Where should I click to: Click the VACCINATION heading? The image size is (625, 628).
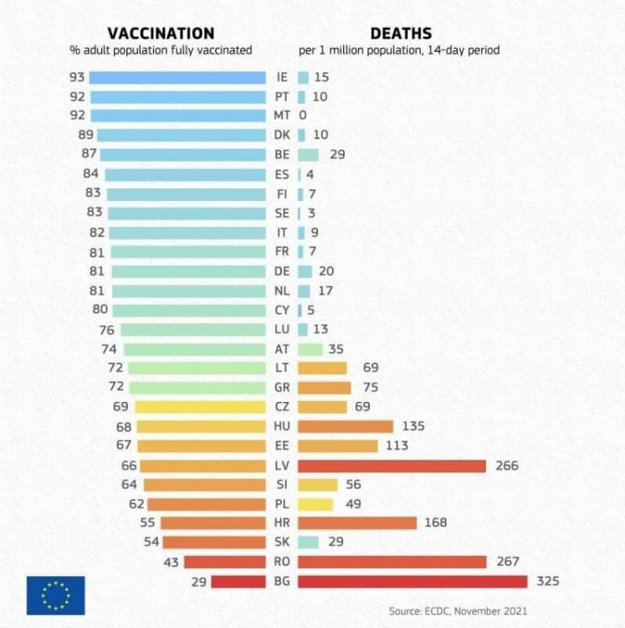pyautogui.click(x=161, y=33)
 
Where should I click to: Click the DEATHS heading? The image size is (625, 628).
pyautogui.click(x=401, y=33)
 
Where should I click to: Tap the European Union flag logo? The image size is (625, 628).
pyautogui.click(x=55, y=595)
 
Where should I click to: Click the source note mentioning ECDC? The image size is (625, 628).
pyautogui.click(x=458, y=611)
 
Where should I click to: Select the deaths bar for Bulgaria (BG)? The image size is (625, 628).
pyautogui.click(x=412, y=581)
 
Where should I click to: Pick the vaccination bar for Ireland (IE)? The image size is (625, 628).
pyautogui.click(x=177, y=77)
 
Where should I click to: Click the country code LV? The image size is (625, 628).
pyautogui.click(x=282, y=466)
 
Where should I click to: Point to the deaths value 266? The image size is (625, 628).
pyautogui.click(x=507, y=466)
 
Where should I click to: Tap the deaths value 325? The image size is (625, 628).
pyautogui.click(x=548, y=581)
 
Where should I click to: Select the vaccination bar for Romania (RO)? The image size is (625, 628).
pyautogui.click(x=224, y=562)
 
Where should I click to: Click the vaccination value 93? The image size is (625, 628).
pyautogui.click(x=78, y=77)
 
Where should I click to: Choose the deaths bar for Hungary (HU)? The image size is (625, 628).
pyautogui.click(x=345, y=426)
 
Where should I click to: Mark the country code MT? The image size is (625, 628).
pyautogui.click(x=282, y=116)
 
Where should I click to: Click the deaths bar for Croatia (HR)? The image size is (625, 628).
pyautogui.click(x=356, y=522)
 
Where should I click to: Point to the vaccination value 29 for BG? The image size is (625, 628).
pyautogui.click(x=197, y=581)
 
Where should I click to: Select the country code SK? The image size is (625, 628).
pyautogui.click(x=282, y=543)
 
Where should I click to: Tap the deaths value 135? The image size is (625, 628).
pyautogui.click(x=413, y=426)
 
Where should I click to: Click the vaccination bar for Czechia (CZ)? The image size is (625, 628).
pyautogui.click(x=200, y=407)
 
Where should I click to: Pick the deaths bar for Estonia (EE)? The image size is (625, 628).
pyautogui.click(x=336, y=445)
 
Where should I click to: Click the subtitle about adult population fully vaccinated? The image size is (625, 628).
pyautogui.click(x=161, y=50)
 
